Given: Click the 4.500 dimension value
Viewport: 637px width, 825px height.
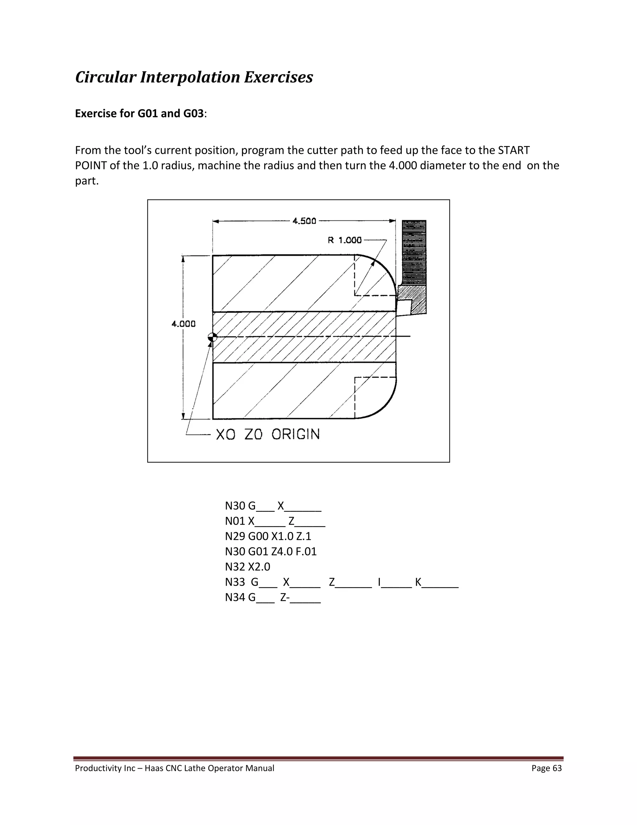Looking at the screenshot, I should tap(304, 221).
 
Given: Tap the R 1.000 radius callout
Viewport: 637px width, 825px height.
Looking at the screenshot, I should tap(345, 240).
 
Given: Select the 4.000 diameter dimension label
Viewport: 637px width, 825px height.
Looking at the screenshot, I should tap(184, 324).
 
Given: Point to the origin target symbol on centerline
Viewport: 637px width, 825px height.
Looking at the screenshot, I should tap(212, 337).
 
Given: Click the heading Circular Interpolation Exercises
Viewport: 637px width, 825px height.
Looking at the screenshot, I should tap(194, 77).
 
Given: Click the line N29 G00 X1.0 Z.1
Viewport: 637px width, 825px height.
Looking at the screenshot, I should tap(268, 536).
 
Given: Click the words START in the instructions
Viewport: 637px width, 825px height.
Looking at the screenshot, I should tap(514, 150).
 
